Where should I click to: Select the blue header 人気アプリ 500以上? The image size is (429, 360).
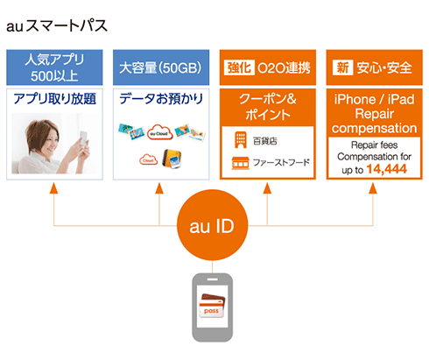point(54,67)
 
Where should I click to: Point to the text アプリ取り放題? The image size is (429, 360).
point(54,99)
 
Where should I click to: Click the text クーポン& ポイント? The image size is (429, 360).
point(268,107)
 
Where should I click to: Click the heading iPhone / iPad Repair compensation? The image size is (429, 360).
point(374,112)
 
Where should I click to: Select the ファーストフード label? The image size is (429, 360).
point(280,162)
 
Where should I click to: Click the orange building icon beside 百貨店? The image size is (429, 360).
point(239,138)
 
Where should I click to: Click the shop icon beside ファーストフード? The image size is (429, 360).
point(239,162)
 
